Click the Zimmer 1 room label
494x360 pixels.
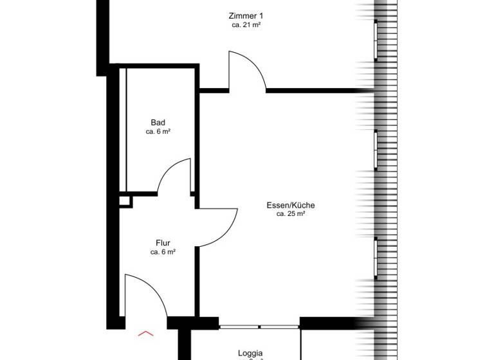click(x=246, y=15)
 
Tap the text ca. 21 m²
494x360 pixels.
click(x=246, y=25)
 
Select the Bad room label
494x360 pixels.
click(x=158, y=122)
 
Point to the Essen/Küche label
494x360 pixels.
click(x=291, y=206)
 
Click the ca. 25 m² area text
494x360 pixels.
click(x=291, y=214)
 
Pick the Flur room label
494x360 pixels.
click(x=163, y=243)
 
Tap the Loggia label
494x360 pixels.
click(x=250, y=353)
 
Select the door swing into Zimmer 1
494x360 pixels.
click(x=247, y=71)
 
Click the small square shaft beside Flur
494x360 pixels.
click(x=125, y=201)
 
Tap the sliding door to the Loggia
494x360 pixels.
click(x=259, y=327)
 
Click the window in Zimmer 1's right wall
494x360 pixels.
click(x=376, y=39)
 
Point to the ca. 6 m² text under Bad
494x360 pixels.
click(x=158, y=132)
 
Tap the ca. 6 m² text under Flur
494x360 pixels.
click(x=163, y=253)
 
